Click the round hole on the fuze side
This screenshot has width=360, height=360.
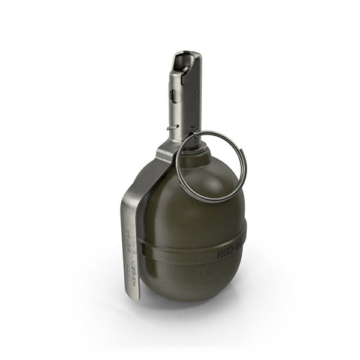(173, 96)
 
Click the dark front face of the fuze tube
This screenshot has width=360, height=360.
(191, 108)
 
